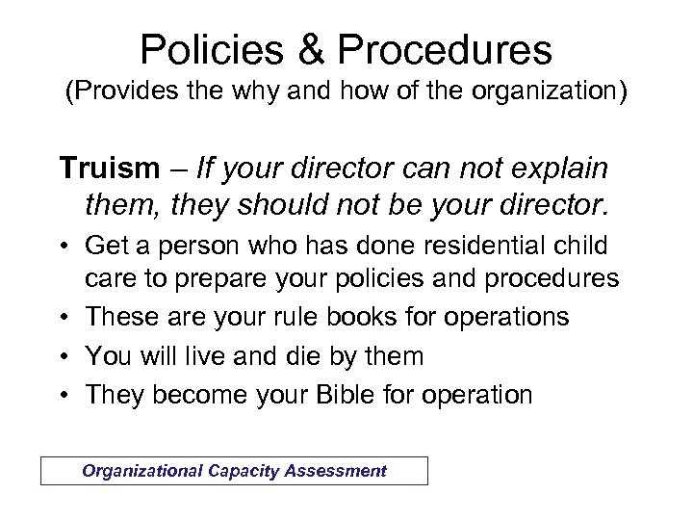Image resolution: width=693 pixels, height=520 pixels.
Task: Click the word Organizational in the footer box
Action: tap(140, 471)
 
